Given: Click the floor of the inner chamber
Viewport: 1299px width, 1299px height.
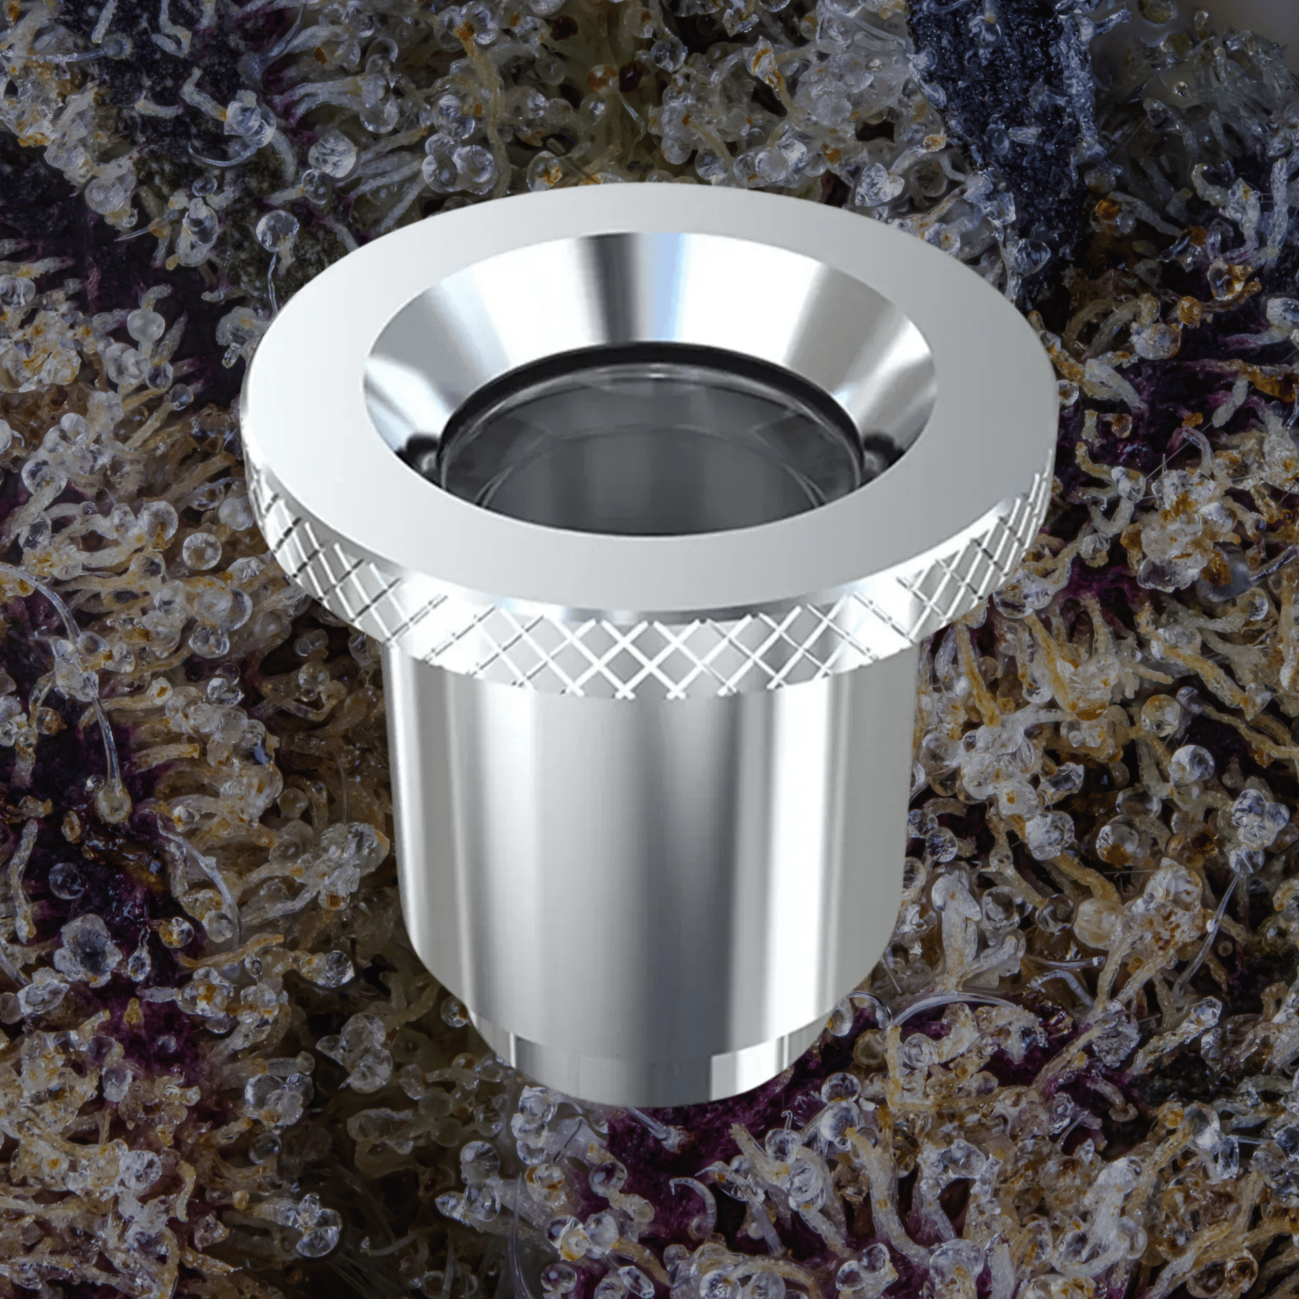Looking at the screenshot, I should pyautogui.click(x=646, y=484).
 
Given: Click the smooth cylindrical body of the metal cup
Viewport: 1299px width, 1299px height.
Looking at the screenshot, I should pyautogui.click(x=646, y=841).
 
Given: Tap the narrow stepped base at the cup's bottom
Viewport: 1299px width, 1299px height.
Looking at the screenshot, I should pyautogui.click(x=646, y=1075).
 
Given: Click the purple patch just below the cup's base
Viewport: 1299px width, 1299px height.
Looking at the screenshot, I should pyautogui.click(x=646, y=1143).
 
